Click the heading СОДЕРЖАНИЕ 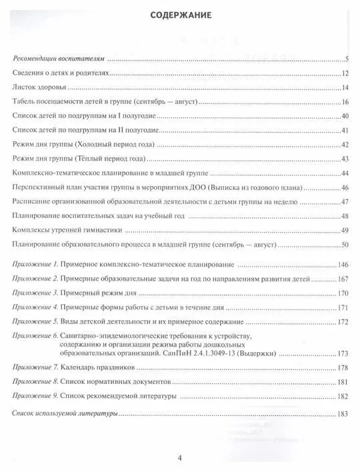coord(180,15)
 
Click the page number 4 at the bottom coord(179,457)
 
